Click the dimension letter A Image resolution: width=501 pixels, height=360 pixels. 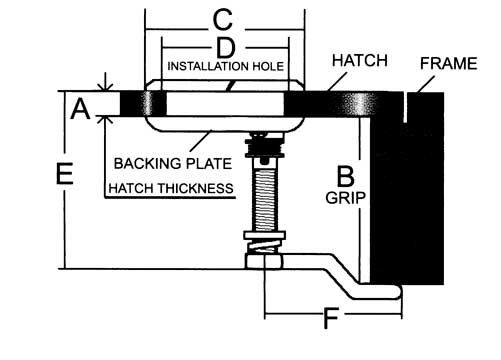tap(80, 109)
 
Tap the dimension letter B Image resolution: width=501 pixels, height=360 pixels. tap(346, 176)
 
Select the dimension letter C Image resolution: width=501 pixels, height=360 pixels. tap(223, 19)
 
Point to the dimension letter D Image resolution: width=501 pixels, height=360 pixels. tap(225, 48)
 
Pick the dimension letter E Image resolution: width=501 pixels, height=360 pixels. tap(65, 173)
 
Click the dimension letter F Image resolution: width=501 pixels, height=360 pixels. tap(331, 318)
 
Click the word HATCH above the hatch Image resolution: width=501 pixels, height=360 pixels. tap(360, 61)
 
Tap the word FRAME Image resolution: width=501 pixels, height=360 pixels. tap(448, 63)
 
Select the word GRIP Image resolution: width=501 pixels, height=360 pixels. tap(345, 198)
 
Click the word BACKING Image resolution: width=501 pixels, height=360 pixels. tap(147, 163)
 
